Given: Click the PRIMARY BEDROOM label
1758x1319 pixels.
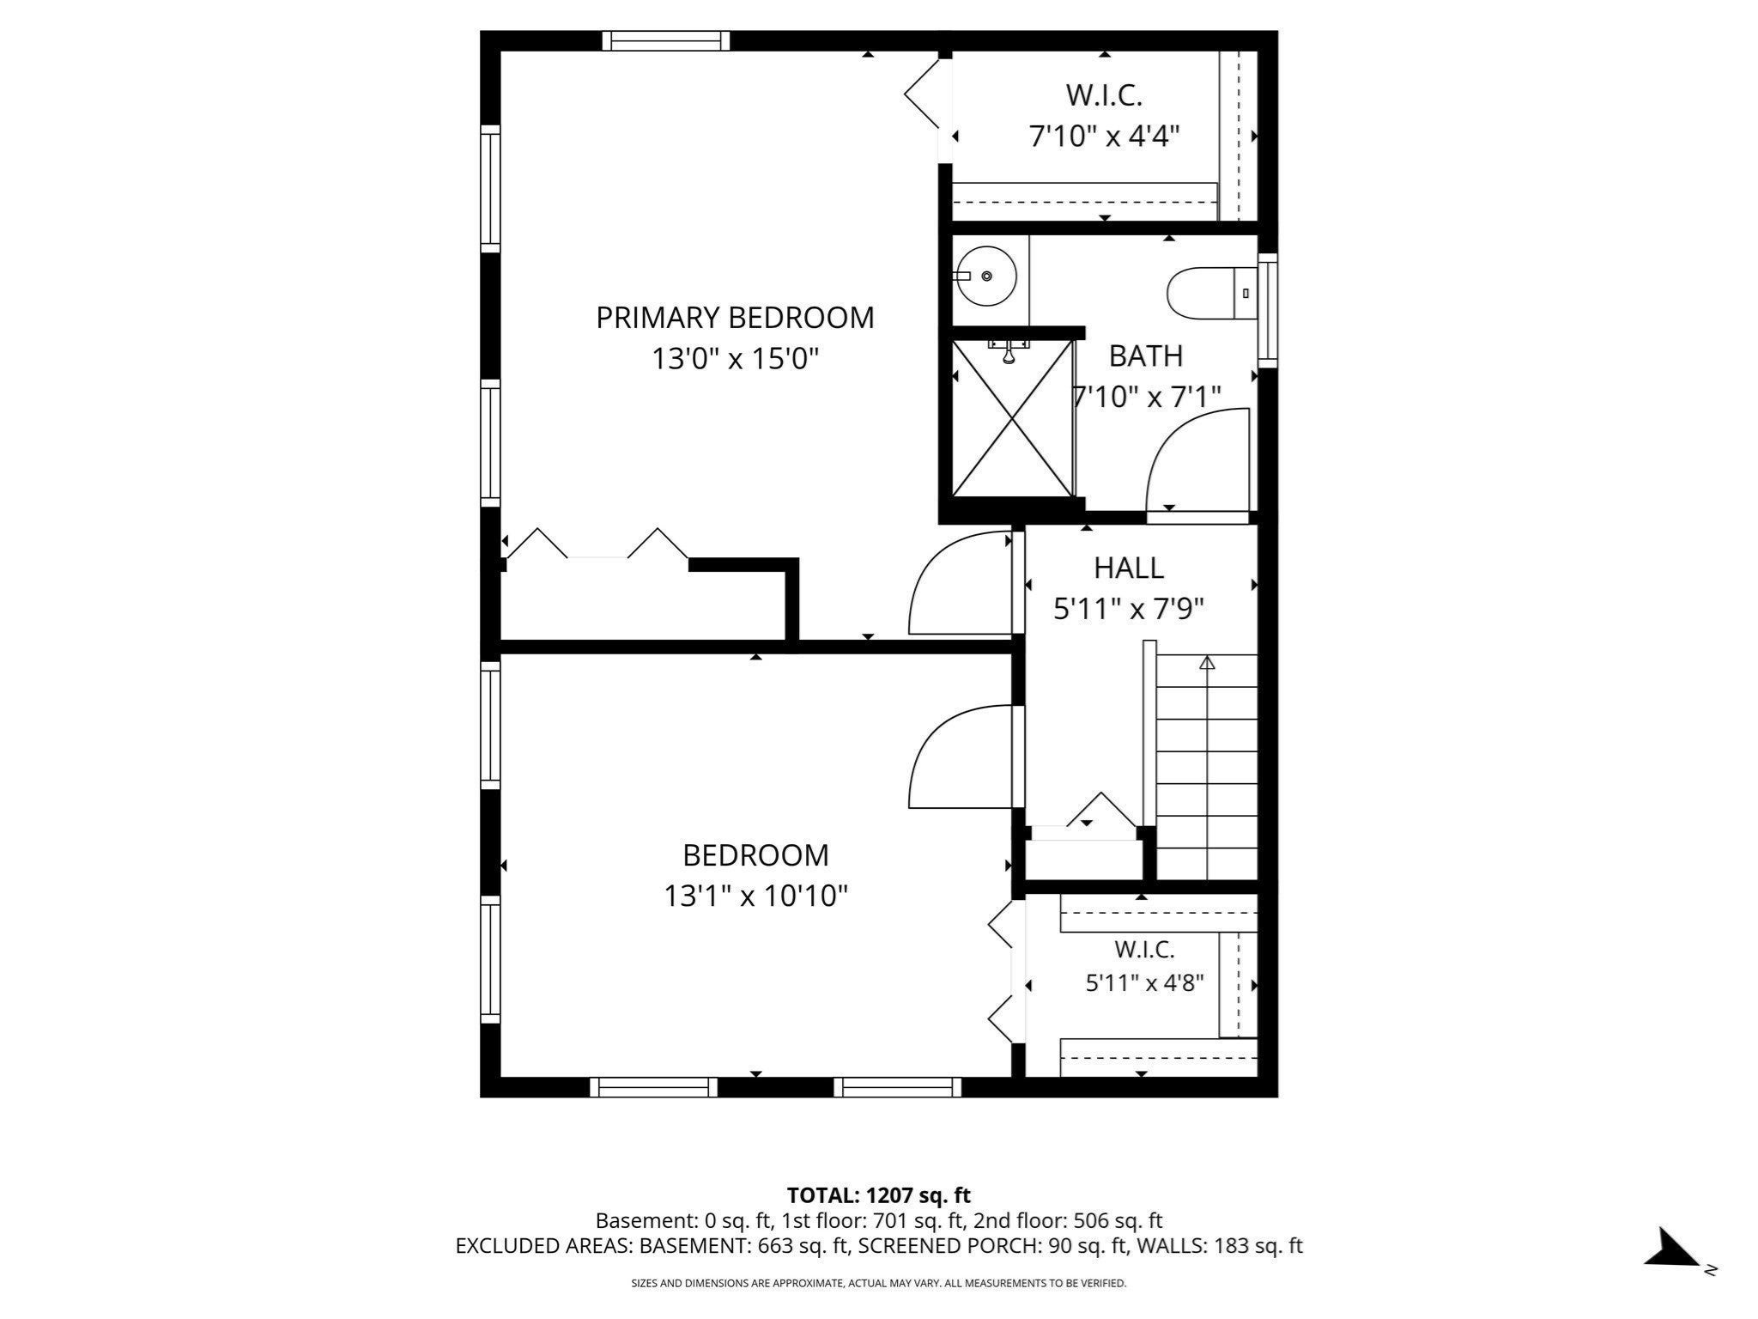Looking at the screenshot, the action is (x=735, y=318).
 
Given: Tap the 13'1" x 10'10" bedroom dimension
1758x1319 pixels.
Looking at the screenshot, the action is (x=755, y=897).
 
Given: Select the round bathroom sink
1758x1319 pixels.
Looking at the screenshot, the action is (x=987, y=276).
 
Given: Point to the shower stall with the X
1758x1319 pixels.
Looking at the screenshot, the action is (x=1013, y=418).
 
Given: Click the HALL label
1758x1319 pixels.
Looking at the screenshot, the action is (x=1129, y=568).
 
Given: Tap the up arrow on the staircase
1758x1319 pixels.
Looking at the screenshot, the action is (x=1207, y=662).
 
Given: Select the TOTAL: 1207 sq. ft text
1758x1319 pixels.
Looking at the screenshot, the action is (x=879, y=1194).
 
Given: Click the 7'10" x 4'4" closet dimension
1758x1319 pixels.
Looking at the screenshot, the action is (x=1104, y=136).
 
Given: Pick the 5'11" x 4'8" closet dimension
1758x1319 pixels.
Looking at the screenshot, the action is (x=1145, y=982).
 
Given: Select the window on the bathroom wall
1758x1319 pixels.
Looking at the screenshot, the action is (x=1267, y=310).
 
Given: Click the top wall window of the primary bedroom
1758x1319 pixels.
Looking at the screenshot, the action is (x=666, y=40).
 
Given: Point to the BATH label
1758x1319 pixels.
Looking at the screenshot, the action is (x=1145, y=356).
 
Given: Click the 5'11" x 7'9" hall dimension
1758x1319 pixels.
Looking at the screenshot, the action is (x=1129, y=609).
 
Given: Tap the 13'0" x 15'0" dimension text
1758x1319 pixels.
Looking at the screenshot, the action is (x=735, y=359).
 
